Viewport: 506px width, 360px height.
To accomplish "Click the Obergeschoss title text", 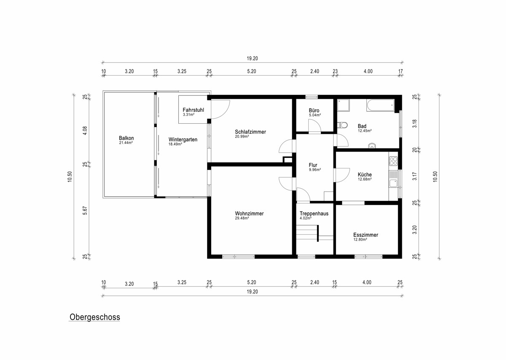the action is tap(94, 317).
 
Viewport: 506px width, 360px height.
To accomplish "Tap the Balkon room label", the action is tap(126, 138).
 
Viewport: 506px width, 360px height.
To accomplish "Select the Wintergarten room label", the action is tap(183, 140).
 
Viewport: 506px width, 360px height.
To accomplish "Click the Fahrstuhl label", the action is tap(193, 110).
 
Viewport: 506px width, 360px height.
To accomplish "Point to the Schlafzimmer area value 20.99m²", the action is tap(242, 136).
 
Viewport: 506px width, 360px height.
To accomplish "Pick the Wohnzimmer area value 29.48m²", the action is tap(242, 218).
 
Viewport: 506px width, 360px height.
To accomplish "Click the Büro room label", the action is tap(314, 110).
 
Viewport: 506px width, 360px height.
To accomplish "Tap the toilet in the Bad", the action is tap(342, 125).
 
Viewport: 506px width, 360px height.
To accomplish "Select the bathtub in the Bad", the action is tap(380, 105).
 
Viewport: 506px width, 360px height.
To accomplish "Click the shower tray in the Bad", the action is tap(343, 105).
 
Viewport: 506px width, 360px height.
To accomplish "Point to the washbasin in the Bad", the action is tap(372, 146).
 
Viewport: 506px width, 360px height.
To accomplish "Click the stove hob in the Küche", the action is tap(393, 161).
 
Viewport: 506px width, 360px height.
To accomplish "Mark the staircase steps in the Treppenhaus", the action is tap(307, 232).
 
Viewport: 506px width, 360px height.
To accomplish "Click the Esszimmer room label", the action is tap(366, 235).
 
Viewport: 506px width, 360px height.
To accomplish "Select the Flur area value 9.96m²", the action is tap(315, 170).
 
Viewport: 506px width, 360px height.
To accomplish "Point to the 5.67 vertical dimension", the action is tap(85, 210).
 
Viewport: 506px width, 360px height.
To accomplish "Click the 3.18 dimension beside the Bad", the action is tap(414, 124).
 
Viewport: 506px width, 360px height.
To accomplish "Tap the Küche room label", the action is tap(365, 175).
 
